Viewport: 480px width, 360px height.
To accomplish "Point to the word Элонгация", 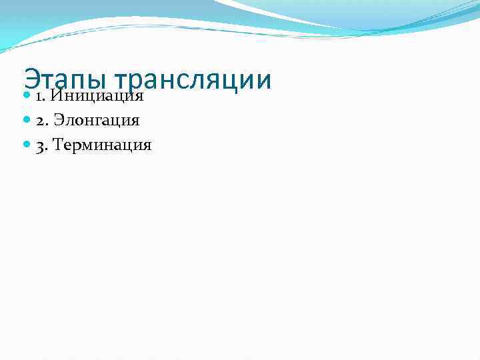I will pos(97,121).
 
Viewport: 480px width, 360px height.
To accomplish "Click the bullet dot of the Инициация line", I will pos(27,97).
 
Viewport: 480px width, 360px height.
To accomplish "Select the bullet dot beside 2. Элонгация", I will pos(27,121).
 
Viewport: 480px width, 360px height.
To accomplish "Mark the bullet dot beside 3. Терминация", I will pos(27,145).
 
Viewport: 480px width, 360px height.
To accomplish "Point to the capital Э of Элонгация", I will pos(58,121).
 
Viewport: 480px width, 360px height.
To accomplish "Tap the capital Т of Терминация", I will pos(57,145).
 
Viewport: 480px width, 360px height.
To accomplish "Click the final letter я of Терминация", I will pos(147,145).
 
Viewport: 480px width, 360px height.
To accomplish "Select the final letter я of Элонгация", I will pos(135,121).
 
